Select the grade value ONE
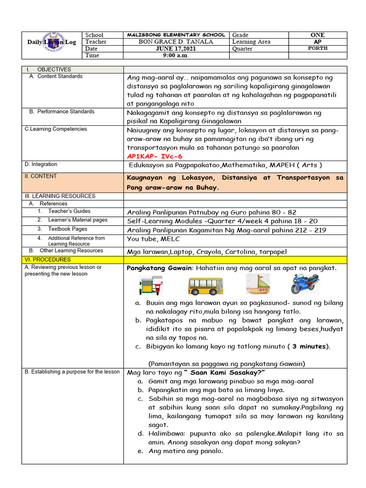point(317,35)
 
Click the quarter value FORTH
point(317,49)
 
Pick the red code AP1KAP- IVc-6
point(154,156)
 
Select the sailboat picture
point(258,285)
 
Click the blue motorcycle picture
point(305,284)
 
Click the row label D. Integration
point(41,164)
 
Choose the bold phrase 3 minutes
point(310,346)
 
